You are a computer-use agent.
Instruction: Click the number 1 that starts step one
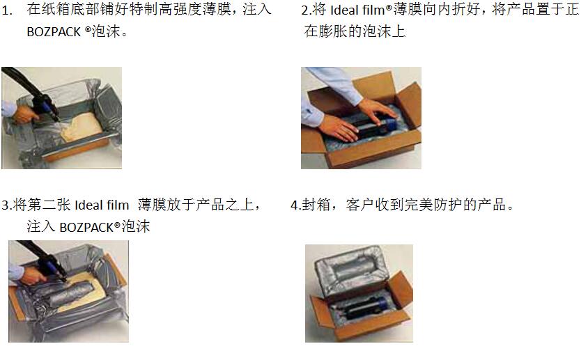(6, 10)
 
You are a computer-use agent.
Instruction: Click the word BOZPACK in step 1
(54, 32)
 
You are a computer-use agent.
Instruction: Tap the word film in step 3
(117, 205)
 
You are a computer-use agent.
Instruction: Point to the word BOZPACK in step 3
(86, 227)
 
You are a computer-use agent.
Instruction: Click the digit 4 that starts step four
(295, 205)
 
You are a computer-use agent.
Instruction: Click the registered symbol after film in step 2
(389, 7)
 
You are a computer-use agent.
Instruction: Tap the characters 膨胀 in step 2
(332, 31)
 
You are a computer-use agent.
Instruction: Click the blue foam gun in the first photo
(47, 107)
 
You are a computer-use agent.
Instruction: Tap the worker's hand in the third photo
(32, 275)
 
